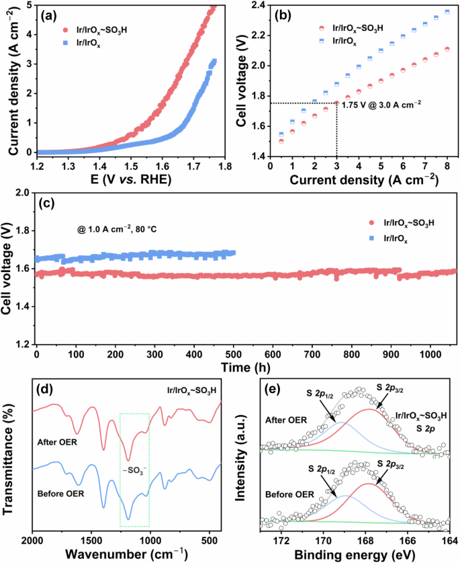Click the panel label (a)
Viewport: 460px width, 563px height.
coord(51,15)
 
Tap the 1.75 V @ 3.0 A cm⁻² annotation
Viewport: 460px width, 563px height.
coord(382,105)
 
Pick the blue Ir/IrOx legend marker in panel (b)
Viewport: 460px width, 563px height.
coord(323,42)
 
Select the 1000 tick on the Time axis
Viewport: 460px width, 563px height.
coord(430,354)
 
